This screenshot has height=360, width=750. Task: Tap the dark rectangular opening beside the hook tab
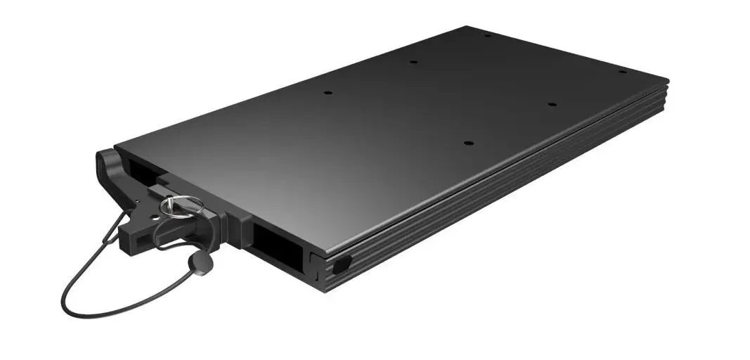point(138,168)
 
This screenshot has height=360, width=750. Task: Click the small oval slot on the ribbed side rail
point(340,264)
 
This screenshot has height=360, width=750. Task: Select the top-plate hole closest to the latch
point(328,92)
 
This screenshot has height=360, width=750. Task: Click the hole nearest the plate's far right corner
point(622,72)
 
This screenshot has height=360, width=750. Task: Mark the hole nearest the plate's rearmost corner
point(487,34)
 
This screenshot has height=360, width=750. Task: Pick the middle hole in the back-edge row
point(414,62)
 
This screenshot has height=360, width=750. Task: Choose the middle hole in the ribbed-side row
point(552,105)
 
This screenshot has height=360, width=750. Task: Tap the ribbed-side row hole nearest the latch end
point(468,143)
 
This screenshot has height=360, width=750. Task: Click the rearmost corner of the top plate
point(467,27)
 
